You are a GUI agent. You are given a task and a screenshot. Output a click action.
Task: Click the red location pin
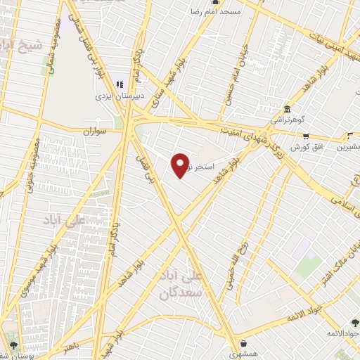[180, 165]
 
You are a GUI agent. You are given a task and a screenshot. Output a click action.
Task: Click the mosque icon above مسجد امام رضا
[195, 11]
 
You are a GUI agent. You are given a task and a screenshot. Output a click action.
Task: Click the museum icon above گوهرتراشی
[287, 110]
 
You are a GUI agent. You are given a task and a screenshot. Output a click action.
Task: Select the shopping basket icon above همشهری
[243, 344]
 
